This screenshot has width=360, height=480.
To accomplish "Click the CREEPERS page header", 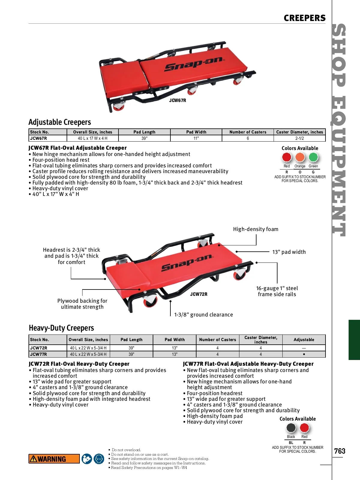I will pos(304,18).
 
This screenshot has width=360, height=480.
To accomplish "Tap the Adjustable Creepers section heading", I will pos(60,122).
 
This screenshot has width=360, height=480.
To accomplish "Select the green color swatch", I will pos(313,157).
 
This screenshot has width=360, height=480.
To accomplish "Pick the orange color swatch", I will pos(300,157).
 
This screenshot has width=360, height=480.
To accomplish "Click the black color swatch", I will pos(291,428).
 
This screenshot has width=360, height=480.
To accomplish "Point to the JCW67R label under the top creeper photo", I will pos(178,100).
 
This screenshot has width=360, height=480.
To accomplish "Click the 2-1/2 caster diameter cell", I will pos(299,138).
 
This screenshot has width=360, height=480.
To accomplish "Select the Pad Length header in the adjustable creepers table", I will pos(144,132).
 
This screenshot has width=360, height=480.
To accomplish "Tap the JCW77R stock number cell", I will pos(39,354).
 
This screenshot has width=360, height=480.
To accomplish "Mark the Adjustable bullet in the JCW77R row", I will pos(304,354).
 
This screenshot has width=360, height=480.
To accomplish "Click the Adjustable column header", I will pos(304,340).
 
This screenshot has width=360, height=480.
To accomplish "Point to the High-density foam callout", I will pos(256,229).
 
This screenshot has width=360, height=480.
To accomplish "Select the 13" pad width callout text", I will pos(289,252).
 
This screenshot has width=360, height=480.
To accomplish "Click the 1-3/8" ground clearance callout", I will pos(204,315).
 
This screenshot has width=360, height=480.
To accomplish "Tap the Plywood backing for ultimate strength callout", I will pos(82,304).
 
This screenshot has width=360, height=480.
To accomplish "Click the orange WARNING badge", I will pos(54,459).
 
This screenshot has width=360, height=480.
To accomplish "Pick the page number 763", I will pos(340,451).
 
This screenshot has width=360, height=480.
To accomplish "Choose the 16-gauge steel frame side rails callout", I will pos(277,291).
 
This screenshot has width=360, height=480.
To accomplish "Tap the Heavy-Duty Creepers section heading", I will pos(61,328).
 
